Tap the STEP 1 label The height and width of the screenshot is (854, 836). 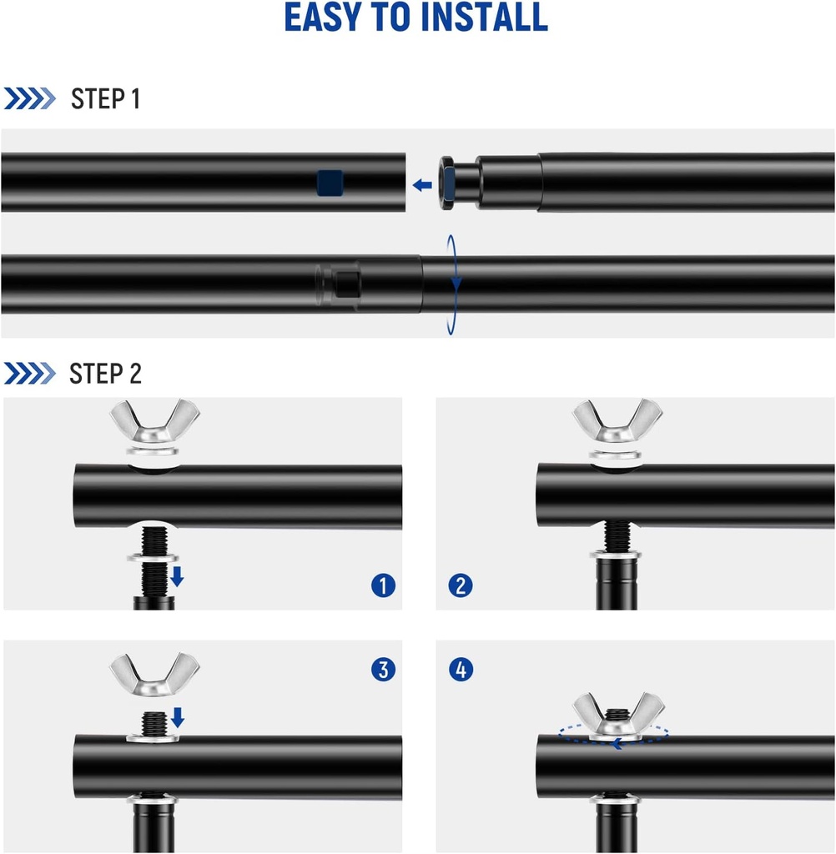click(106, 99)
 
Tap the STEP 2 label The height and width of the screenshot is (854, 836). click(106, 374)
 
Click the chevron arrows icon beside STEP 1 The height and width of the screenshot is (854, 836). click(29, 98)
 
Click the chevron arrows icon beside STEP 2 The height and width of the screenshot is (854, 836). click(29, 373)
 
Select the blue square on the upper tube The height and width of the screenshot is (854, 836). click(330, 183)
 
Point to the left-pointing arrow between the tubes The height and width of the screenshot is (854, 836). click(422, 185)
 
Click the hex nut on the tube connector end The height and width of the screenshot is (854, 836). click(447, 183)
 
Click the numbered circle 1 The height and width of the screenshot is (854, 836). click(383, 585)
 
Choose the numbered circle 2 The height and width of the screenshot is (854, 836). click(461, 585)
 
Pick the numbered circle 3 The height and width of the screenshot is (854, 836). click(383, 670)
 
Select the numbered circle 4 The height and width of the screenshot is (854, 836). click(461, 670)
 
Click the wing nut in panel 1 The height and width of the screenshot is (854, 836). click(154, 422)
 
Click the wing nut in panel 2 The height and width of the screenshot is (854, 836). click(617, 421)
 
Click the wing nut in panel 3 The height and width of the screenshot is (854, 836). click(154, 676)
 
